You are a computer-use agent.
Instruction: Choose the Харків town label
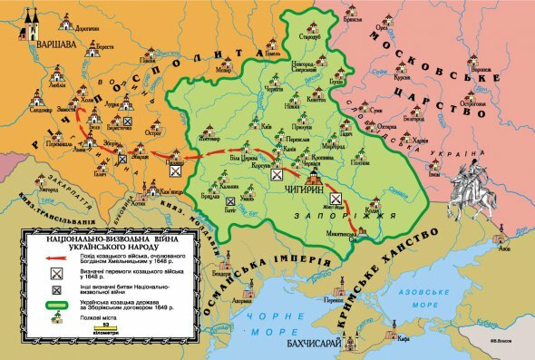(x=420, y=141)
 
